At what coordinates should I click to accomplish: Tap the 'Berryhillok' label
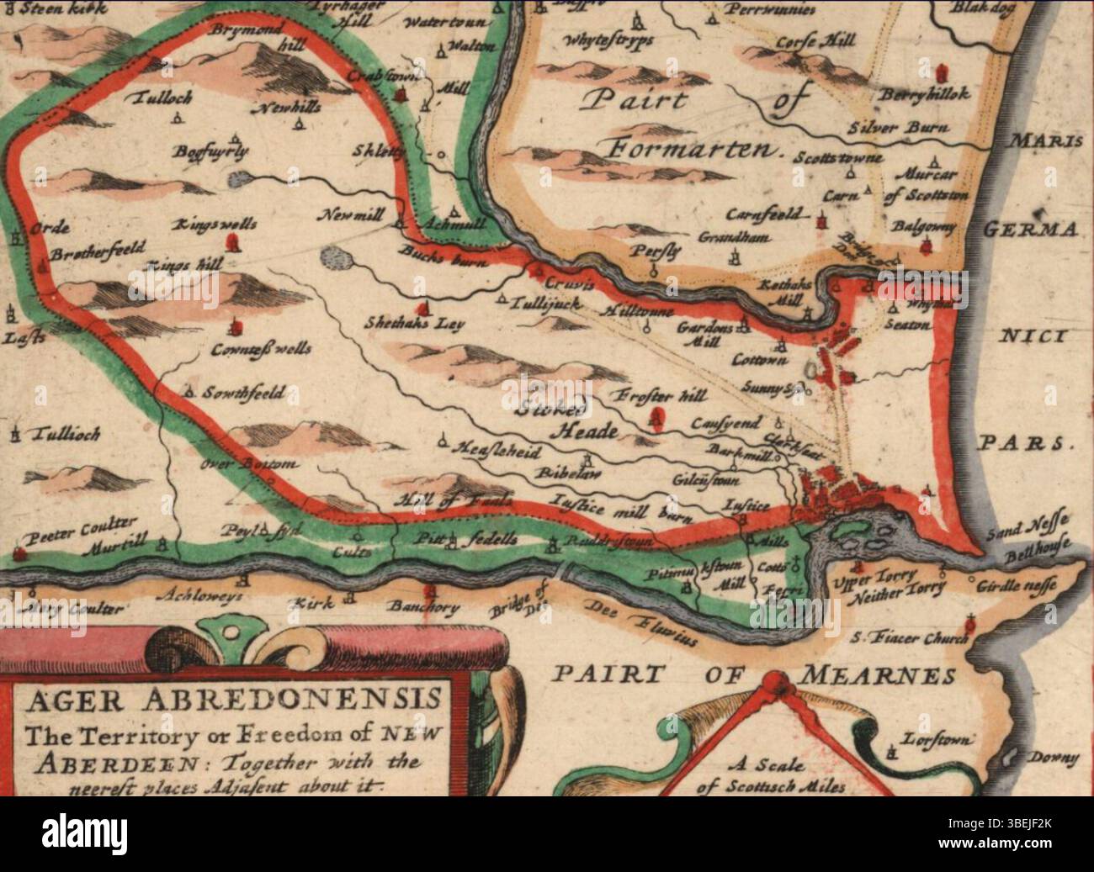pos(927,94)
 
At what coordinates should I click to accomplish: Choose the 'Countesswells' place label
pos(260,348)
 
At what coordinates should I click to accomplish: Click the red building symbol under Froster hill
pos(658,415)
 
